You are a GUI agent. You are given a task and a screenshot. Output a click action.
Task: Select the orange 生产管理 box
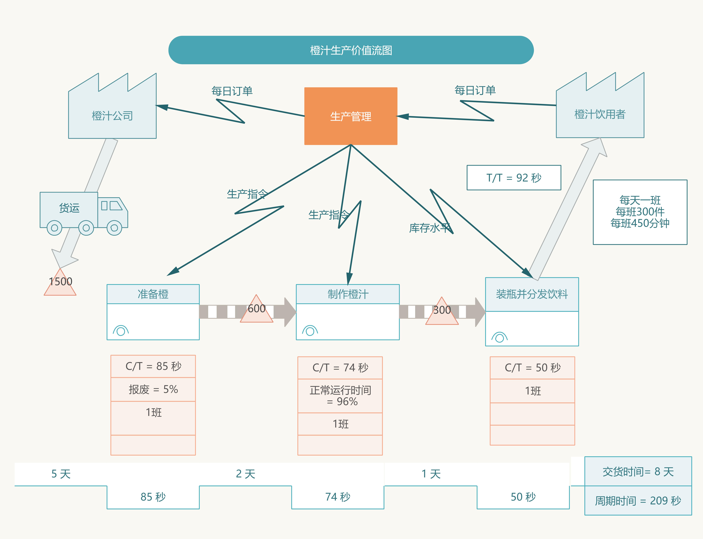[351, 116]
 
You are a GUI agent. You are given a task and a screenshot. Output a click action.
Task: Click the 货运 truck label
[69, 208]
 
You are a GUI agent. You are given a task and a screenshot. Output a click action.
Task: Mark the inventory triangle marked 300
[442, 312]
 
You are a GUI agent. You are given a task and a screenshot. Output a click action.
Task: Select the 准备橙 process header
[153, 294]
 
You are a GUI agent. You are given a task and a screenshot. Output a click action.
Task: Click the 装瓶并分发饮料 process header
[532, 294]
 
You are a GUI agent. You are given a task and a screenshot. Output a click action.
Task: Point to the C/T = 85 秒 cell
[153, 366]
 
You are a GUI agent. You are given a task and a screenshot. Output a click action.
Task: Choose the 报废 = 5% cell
[153, 389]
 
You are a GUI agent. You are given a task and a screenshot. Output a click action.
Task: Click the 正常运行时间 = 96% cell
[340, 396]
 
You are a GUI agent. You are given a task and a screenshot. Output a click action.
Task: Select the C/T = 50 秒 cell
[532, 368]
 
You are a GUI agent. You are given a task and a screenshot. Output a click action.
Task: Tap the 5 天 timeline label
[61, 474]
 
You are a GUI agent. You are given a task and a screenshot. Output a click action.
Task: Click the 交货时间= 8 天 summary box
[638, 471]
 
